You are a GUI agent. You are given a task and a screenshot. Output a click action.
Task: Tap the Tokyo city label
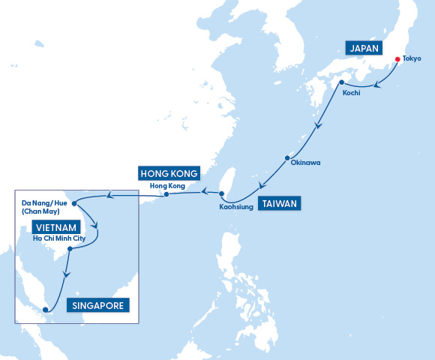[412, 58]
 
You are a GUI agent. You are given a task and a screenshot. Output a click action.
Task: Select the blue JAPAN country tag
[364, 48]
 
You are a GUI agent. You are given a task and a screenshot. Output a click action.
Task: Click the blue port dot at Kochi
[341, 82]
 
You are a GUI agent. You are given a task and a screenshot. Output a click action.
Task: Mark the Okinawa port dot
[286, 158]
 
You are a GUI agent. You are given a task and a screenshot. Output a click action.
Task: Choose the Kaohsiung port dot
[221, 193]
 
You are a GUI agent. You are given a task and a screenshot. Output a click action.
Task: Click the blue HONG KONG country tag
[168, 174]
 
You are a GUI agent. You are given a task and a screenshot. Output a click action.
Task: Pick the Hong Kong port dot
[165, 195]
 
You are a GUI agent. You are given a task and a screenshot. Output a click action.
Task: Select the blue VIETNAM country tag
[55, 226]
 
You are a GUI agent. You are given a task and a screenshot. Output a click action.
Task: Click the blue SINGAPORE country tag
[99, 305]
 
